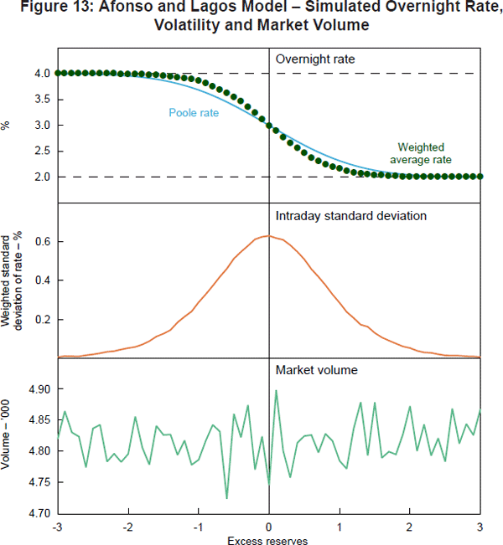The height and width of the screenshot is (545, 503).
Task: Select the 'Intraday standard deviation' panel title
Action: click(x=351, y=216)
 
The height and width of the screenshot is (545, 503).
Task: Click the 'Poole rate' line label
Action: click(x=194, y=113)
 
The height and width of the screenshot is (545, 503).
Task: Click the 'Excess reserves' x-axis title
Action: click(x=268, y=540)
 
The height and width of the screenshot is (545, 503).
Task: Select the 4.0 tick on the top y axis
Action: click(x=43, y=74)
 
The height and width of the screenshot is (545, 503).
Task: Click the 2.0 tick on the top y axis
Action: click(x=43, y=177)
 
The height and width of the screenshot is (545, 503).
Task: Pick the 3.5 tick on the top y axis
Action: click(x=43, y=100)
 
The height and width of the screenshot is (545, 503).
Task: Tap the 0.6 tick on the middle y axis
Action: click(x=43, y=242)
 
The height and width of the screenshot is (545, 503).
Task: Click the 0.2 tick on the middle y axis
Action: click(x=43, y=320)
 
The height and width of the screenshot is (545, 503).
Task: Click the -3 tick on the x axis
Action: click(x=57, y=527)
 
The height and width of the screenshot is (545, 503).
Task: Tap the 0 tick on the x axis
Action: click(x=268, y=527)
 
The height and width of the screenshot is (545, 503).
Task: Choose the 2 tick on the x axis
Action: click(x=409, y=527)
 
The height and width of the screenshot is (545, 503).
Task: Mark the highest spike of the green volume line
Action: click(x=276, y=390)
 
